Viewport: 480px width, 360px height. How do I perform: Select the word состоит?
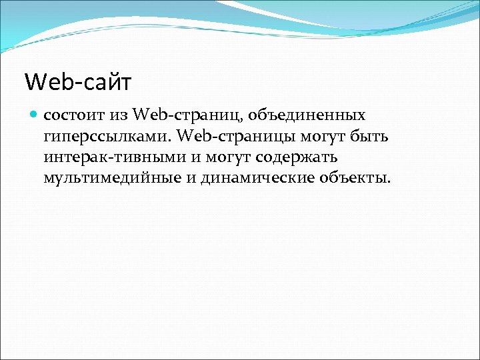(74, 115)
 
